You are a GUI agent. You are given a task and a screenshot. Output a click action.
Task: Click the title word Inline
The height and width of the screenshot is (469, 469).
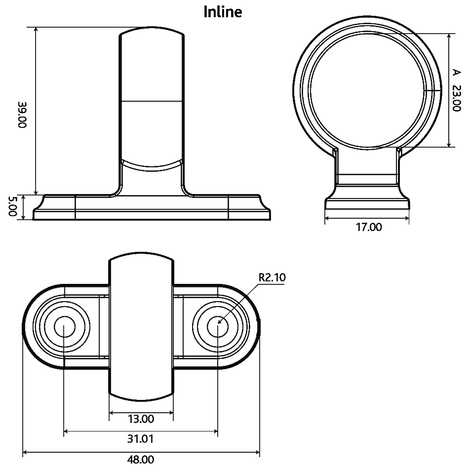(223, 12)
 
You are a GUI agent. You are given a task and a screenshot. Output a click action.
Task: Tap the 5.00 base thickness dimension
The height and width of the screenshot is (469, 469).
(13, 207)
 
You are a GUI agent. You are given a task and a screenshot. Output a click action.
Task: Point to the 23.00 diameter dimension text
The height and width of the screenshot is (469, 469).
(457, 98)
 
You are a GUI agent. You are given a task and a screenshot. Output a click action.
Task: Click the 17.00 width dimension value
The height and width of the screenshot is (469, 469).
(369, 227)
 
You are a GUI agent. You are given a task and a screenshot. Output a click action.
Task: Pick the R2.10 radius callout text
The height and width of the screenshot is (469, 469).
(272, 277)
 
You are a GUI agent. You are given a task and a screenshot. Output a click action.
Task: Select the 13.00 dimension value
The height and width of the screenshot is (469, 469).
(141, 419)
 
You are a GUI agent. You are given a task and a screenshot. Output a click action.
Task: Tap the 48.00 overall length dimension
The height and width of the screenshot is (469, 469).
(141, 460)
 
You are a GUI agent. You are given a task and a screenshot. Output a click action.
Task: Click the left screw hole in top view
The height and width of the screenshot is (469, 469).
(64, 327)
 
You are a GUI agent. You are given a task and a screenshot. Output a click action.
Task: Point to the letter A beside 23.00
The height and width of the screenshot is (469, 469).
(456, 73)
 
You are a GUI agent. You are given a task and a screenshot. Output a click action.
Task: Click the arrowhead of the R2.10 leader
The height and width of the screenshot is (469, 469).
(219, 323)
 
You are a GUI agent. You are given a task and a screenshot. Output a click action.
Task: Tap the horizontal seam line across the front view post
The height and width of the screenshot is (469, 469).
(152, 102)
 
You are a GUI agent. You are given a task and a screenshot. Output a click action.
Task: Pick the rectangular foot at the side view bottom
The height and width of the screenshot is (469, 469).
(367, 204)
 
